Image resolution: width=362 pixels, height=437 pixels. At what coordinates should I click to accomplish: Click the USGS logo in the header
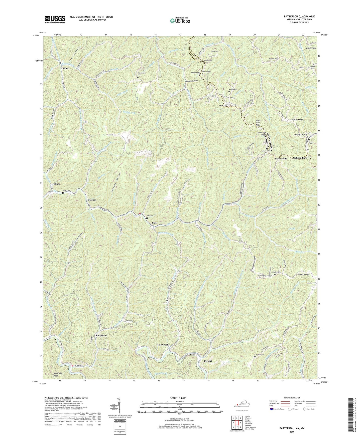pyautogui.click(x=55, y=19)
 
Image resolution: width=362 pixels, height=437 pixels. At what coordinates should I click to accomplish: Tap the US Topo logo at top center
pyautogui.click(x=180, y=20)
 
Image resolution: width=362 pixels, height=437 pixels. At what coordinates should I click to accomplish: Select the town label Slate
pyautogui.click(x=155, y=223)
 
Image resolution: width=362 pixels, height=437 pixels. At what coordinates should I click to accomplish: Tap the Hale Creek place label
pyautogui.click(x=163, y=345)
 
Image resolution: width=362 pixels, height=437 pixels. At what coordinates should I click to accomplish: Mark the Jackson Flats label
pyautogui.click(x=300, y=158)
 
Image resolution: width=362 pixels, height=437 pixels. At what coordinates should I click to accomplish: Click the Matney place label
pyautogui.click(x=92, y=200)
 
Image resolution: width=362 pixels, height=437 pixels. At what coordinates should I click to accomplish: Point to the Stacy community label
pyautogui.click(x=57, y=184)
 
